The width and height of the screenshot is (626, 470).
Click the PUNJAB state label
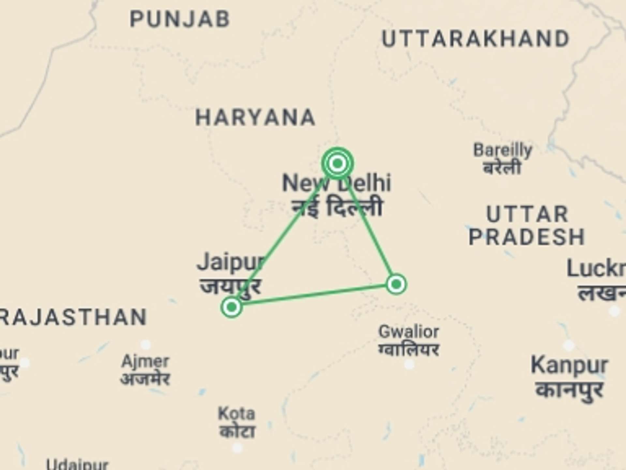point(180,19)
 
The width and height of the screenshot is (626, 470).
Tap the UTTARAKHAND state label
point(475,39)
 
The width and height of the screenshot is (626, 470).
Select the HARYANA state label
point(255,117)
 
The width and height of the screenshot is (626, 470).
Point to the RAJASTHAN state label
point(73,317)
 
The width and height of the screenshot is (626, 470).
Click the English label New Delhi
point(336,183)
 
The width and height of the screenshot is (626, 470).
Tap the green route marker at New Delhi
point(337,163)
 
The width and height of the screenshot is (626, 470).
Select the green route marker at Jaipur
point(231,307)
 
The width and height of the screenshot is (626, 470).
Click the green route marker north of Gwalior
point(396,284)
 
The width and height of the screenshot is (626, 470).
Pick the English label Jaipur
point(231,262)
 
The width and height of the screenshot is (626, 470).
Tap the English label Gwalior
point(409,332)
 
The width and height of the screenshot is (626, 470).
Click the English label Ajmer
point(145,362)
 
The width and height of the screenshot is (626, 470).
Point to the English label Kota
point(236,414)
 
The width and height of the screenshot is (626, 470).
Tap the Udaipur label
point(77,465)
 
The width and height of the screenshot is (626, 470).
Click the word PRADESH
point(527,237)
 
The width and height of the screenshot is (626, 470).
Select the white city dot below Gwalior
point(409,364)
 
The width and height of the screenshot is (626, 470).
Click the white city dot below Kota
point(237,447)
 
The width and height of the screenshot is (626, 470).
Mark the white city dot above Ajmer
point(145,344)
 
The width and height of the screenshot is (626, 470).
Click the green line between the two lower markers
point(313,295)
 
